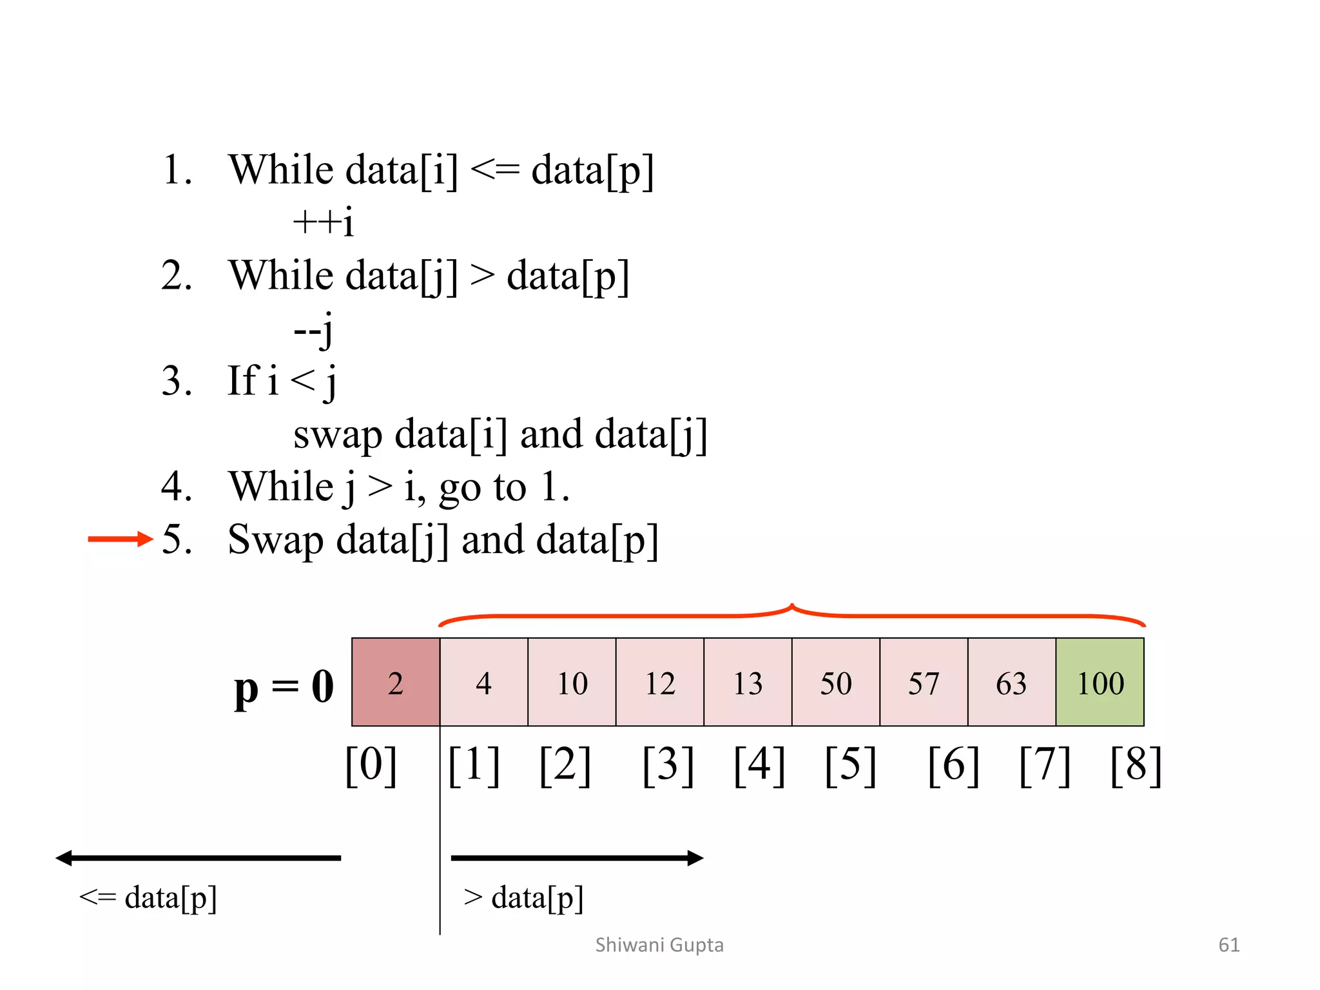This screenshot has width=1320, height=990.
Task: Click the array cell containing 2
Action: pos(396,682)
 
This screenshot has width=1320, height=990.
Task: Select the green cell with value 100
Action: pos(1100,682)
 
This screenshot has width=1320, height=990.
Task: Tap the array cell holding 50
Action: pos(836,682)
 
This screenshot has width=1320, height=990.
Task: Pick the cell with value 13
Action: pos(748,682)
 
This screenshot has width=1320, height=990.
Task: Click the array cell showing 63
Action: pos(1011,682)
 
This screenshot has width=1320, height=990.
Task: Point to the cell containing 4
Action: pos(483,682)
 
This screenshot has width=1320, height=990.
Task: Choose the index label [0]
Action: pos(371,765)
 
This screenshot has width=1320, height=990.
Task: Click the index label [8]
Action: pos(1136,765)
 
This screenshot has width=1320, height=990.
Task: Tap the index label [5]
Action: pos(851,765)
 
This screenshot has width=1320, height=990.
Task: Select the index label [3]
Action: pos(668,765)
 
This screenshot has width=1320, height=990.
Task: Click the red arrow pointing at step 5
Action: pos(120,539)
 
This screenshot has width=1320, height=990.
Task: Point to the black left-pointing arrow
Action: pos(198,858)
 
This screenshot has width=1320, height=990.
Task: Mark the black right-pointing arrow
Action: pos(577,858)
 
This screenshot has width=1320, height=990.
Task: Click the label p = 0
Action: pos(284,687)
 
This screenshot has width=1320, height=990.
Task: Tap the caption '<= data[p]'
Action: pos(148,897)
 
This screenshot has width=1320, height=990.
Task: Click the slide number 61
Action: pos(1228,945)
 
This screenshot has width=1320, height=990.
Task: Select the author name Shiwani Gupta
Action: pos(659,945)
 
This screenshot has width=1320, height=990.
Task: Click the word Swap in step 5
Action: pos(276,540)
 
